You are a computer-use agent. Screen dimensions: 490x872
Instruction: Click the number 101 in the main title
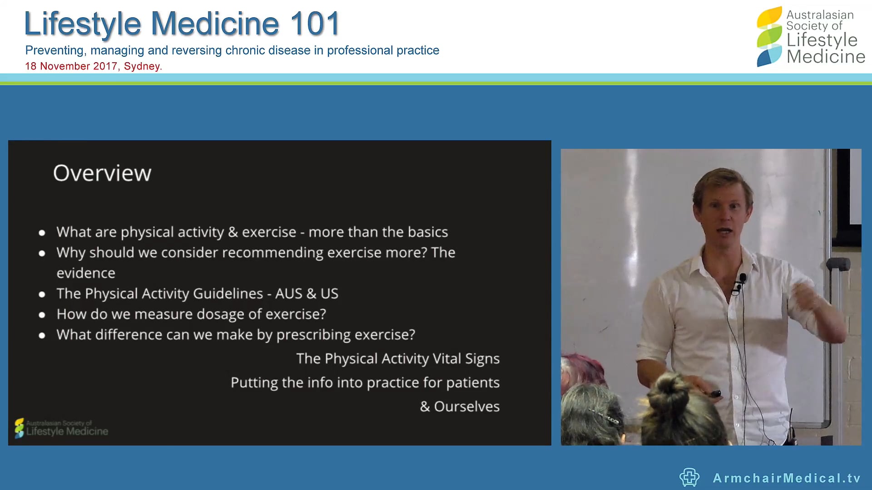click(315, 24)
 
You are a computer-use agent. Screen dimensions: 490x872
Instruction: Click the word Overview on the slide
click(102, 173)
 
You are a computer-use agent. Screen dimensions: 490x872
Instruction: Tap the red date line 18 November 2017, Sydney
click(93, 66)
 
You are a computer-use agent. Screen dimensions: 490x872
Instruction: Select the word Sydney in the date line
click(142, 66)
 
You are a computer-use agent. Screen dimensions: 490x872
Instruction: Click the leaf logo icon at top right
click(769, 36)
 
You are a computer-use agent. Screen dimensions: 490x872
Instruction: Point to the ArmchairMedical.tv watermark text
click(787, 478)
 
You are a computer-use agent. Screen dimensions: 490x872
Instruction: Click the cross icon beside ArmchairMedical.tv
click(689, 477)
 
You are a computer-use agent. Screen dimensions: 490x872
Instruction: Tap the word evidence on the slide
click(86, 273)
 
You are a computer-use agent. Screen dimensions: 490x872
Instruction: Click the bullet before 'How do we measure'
click(42, 314)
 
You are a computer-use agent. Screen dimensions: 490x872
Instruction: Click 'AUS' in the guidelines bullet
click(288, 294)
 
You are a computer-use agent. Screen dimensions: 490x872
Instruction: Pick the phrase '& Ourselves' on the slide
click(460, 407)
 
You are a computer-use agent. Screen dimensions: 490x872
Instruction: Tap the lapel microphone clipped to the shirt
click(742, 278)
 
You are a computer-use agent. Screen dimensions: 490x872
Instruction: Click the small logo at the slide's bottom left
click(61, 428)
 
